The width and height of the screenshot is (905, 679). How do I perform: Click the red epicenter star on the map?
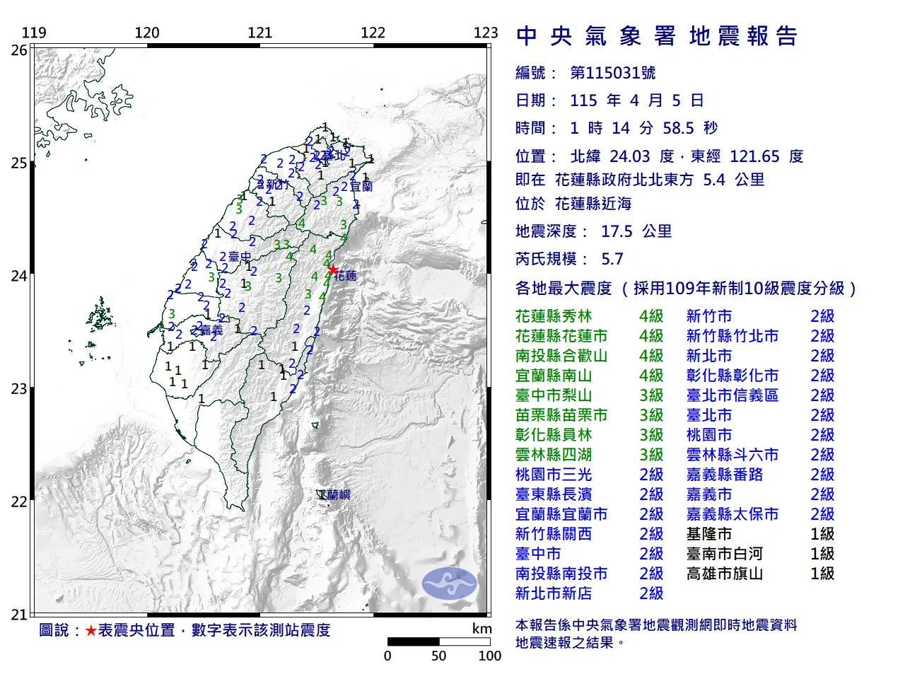coord(332,269)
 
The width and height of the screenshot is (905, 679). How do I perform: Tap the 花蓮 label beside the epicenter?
coord(346,275)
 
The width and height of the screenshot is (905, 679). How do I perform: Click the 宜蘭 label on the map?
coord(361,187)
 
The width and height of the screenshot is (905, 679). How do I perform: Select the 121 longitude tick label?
coord(260,33)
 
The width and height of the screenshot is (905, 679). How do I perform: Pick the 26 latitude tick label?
coord(19,50)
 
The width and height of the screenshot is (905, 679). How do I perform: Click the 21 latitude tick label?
coord(19,615)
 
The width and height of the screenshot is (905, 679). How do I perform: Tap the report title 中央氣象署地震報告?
coord(657,36)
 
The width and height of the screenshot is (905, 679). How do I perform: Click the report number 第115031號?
coord(612,73)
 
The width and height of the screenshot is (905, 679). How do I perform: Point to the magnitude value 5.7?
coord(612,259)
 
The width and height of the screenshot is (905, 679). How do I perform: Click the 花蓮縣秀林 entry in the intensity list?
coord(554,316)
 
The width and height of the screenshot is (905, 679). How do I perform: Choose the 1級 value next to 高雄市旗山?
coord(822,574)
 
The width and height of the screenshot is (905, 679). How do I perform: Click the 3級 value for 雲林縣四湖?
coord(651,455)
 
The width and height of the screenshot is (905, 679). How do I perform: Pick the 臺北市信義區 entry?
coord(732,395)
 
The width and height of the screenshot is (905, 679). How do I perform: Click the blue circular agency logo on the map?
coord(450,584)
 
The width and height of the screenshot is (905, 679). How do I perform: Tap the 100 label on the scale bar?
coord(489,656)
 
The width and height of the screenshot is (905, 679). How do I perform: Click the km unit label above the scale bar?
coord(482,629)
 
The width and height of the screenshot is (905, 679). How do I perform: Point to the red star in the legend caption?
coord(90,630)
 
